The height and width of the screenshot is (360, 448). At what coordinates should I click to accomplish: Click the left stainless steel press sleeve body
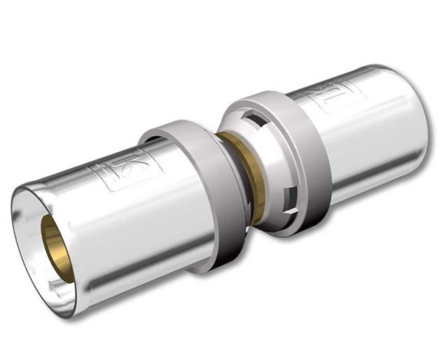tap(119, 224)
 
